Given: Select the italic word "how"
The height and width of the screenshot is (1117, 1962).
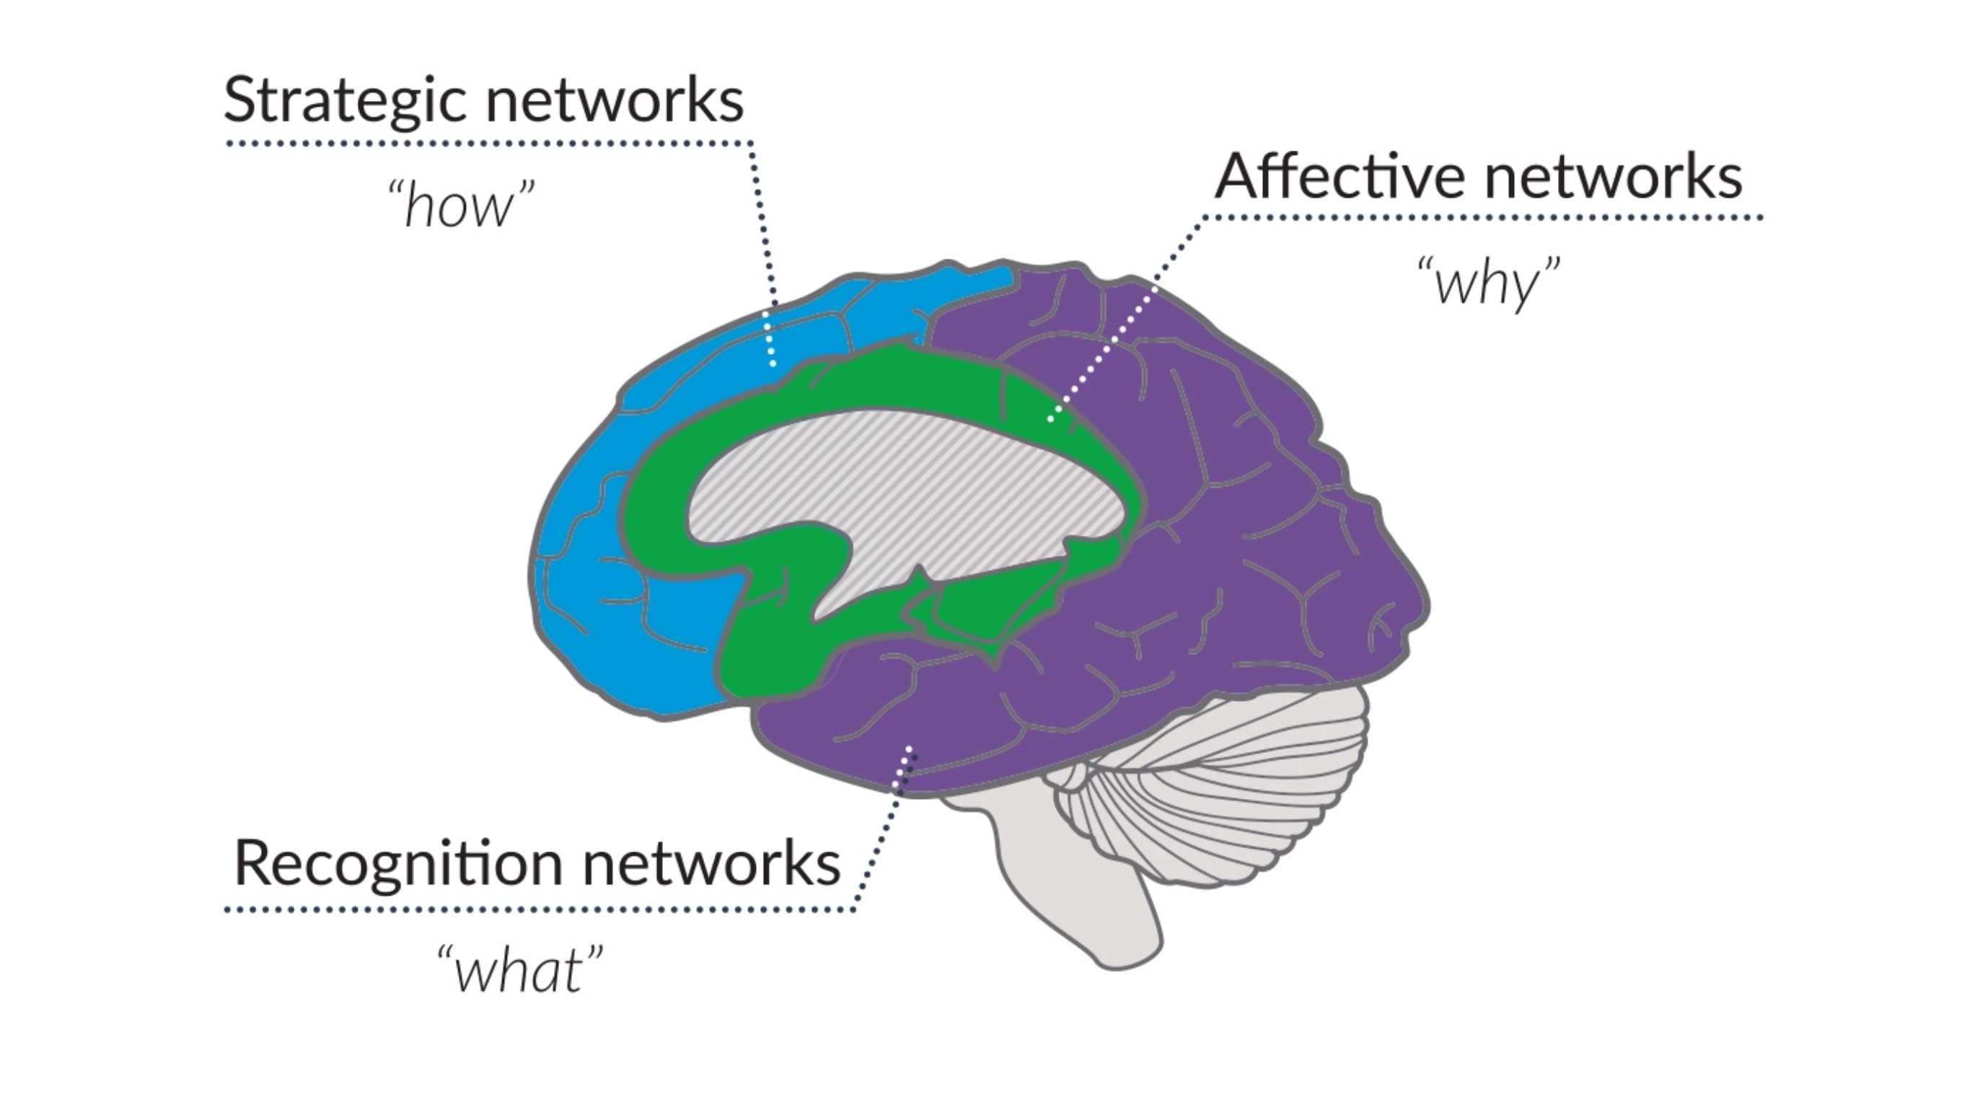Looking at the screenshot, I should [x=460, y=206].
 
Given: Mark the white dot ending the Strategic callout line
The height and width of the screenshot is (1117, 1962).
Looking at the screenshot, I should [x=773, y=363].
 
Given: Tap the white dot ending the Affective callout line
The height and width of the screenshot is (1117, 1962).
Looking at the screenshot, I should [x=1050, y=419].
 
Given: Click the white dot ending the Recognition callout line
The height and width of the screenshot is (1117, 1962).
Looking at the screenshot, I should [x=910, y=748].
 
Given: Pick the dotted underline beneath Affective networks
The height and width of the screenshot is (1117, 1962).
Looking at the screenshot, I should [x=1481, y=218].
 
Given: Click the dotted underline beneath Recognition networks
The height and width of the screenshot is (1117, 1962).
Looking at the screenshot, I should [x=537, y=911].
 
